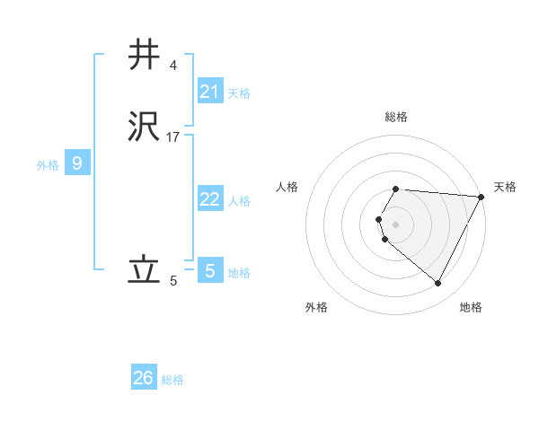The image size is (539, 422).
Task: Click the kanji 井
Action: (145, 56)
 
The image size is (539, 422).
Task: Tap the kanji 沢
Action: (145, 127)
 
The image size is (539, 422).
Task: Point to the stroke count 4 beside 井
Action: (172, 65)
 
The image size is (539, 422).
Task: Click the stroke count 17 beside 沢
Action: (173, 136)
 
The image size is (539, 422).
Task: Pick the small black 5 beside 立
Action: (173, 281)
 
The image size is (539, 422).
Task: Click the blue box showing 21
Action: (210, 91)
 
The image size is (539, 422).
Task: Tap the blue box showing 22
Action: (210, 199)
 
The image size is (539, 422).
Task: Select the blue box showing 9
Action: (77, 163)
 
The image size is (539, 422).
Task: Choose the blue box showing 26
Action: (144, 378)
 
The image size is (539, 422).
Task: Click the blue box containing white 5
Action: (210, 270)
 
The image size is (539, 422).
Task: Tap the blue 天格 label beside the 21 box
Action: (239, 92)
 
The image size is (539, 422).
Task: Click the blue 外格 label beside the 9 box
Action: (48, 165)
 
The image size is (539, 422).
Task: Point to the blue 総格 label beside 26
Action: (172, 380)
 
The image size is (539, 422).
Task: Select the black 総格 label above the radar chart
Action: (396, 117)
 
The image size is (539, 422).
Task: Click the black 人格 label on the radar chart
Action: (287, 187)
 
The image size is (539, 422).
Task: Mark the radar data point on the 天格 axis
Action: (482, 196)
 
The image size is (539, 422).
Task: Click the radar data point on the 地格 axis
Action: (438, 284)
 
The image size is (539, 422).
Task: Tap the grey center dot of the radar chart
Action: (396, 224)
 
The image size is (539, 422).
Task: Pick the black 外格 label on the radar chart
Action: (316, 307)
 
